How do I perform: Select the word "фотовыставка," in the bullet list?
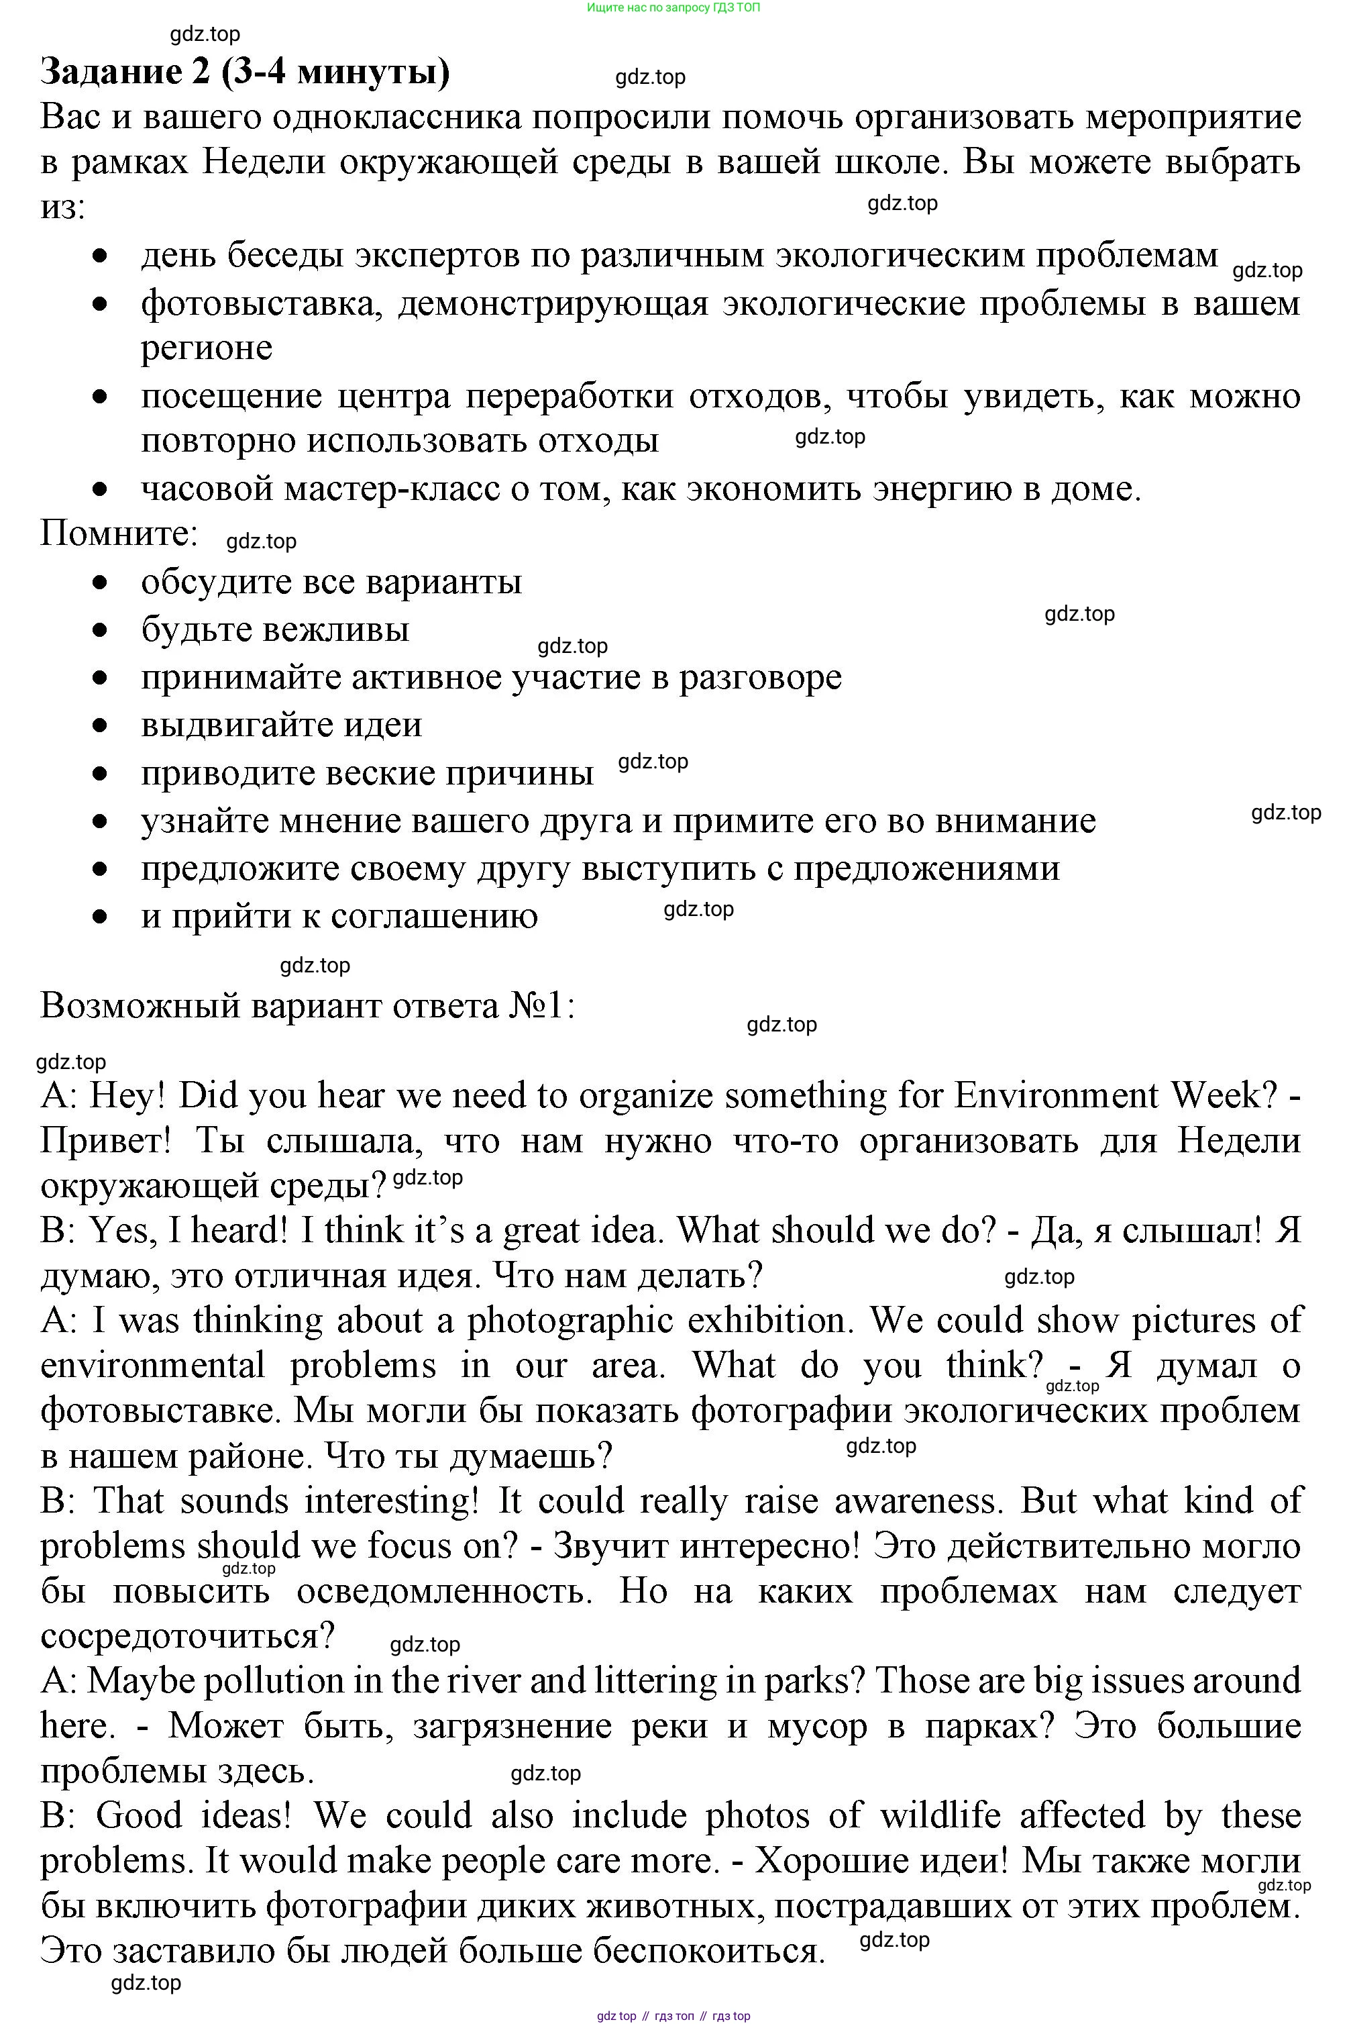[x=262, y=304]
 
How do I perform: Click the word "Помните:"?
[x=119, y=534]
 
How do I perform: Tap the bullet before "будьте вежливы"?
[x=101, y=630]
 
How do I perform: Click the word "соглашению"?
[x=435, y=917]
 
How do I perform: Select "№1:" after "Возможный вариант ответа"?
[x=541, y=1006]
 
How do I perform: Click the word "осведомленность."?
[x=445, y=1591]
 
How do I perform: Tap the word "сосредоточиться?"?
[x=186, y=1636]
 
